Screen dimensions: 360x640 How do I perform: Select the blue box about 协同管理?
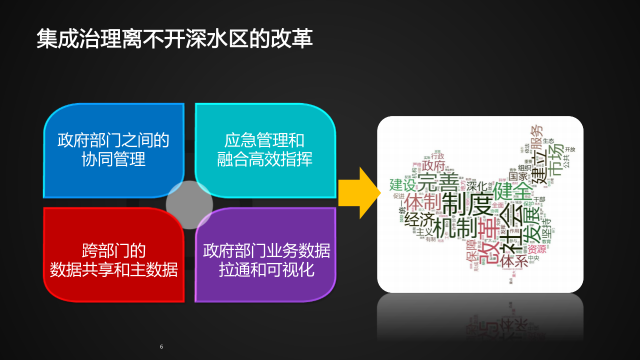coord(113,149)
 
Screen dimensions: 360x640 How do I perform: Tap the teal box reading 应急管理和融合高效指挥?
coord(264,149)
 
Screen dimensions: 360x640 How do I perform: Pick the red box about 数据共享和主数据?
coord(113,259)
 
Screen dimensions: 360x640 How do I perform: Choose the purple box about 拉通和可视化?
coord(266,259)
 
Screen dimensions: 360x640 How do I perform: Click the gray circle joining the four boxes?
coord(189,205)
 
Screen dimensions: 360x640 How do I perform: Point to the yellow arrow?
coord(356,193)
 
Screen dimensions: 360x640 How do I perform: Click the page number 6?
coord(161,346)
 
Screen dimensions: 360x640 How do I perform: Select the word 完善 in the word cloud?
coord(438,182)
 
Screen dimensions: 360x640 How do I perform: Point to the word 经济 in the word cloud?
coord(419,219)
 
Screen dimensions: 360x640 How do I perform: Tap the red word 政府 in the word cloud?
coord(433,165)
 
